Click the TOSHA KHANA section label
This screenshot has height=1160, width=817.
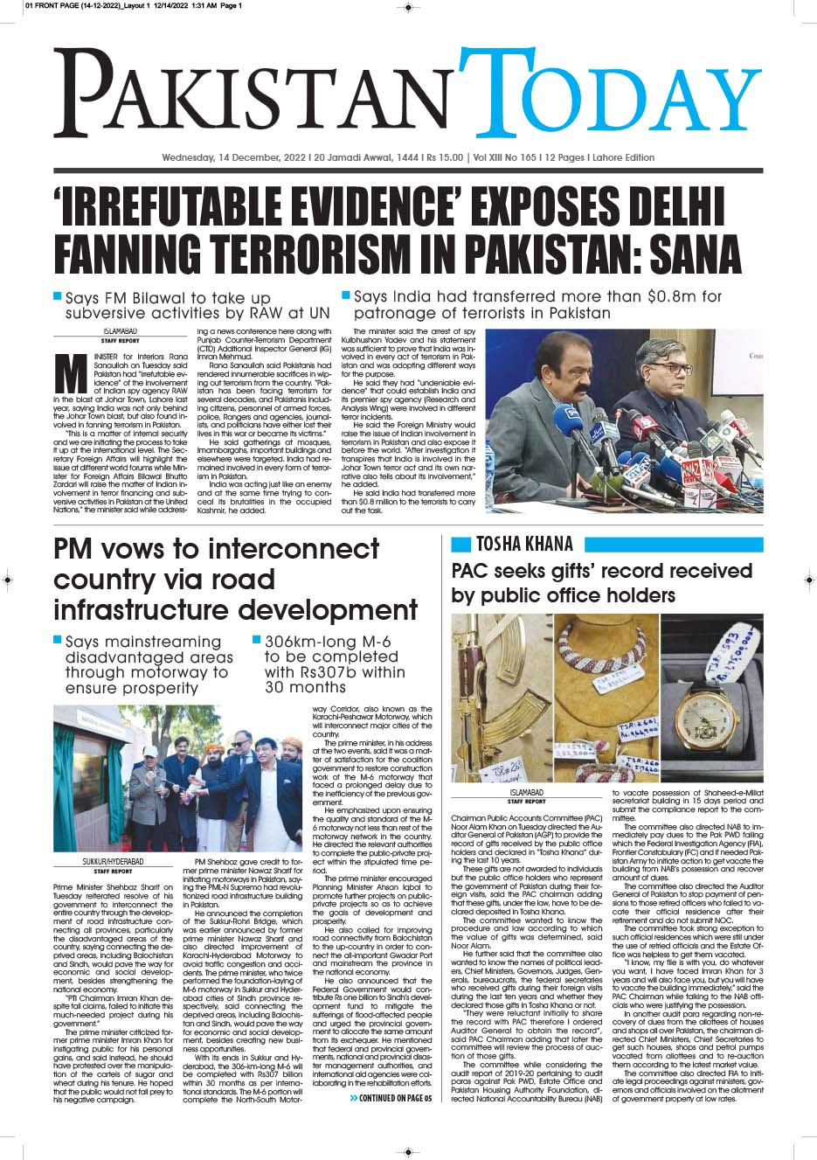coord(524,545)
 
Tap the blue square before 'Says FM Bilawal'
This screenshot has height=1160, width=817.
coord(58,296)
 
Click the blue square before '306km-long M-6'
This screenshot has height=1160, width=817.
coord(256,640)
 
